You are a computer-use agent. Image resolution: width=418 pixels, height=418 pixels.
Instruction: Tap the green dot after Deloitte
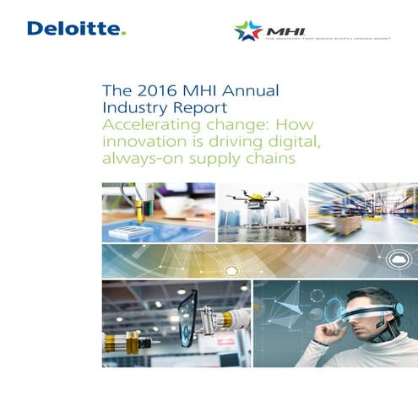[124, 35]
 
